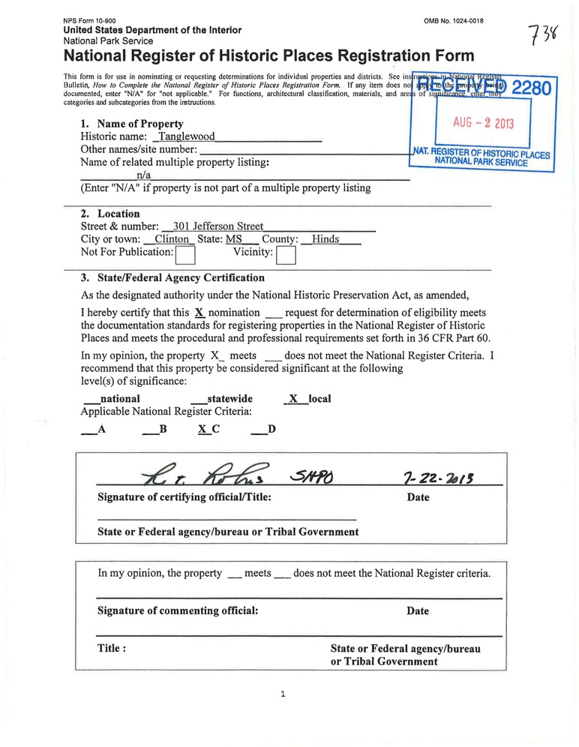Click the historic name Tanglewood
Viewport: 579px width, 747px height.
[183, 137]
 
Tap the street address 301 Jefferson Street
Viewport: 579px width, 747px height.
[217, 226]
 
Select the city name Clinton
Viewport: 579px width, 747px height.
[170, 239]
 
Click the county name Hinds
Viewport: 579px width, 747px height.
[325, 239]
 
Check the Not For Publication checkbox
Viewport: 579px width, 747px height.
[185, 256]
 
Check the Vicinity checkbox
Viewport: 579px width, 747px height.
[286, 256]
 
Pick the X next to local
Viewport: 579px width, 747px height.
[294, 399]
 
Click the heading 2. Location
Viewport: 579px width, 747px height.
[109, 213]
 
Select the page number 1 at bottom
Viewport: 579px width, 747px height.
[283, 694]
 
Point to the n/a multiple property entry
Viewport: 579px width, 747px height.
[145, 175]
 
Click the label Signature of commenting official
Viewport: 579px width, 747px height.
[178, 610]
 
